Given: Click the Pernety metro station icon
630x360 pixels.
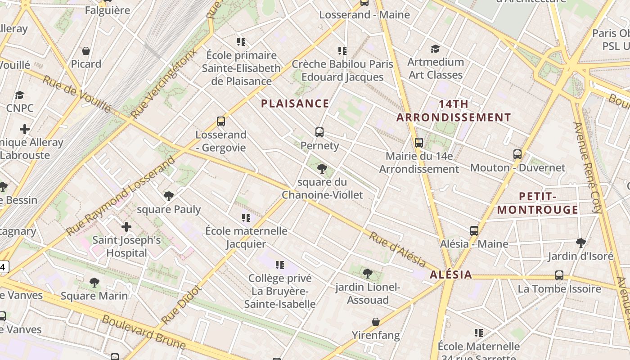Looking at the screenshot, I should click(319, 132).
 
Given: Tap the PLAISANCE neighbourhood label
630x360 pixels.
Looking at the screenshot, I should click(295, 103).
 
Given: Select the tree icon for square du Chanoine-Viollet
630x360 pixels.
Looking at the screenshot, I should click(322, 169).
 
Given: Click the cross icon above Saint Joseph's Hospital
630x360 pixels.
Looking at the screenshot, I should click(126, 226).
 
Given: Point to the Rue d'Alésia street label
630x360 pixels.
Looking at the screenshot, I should click(397, 249).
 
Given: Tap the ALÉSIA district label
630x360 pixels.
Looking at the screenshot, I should click(451, 274).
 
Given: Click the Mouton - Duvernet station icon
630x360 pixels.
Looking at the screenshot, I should click(517, 154).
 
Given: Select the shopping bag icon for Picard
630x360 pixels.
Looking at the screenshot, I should click(86, 51).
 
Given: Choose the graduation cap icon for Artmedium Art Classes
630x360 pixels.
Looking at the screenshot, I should click(435, 49).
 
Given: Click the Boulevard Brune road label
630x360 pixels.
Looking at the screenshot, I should click(144, 333).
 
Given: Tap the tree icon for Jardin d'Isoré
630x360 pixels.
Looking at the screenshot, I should click(581, 243).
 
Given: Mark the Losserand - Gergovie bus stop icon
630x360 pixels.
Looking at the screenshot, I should click(221, 121).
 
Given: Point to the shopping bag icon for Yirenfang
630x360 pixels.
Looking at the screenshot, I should click(376, 322).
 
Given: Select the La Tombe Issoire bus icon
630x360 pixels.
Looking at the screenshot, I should click(559, 275).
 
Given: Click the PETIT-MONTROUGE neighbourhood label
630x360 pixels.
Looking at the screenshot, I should click(538, 203).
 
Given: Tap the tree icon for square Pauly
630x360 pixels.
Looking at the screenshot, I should click(169, 196).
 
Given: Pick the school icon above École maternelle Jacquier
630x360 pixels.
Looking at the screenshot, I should click(246, 218).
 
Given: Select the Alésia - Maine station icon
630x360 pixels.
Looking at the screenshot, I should click(474, 231).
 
